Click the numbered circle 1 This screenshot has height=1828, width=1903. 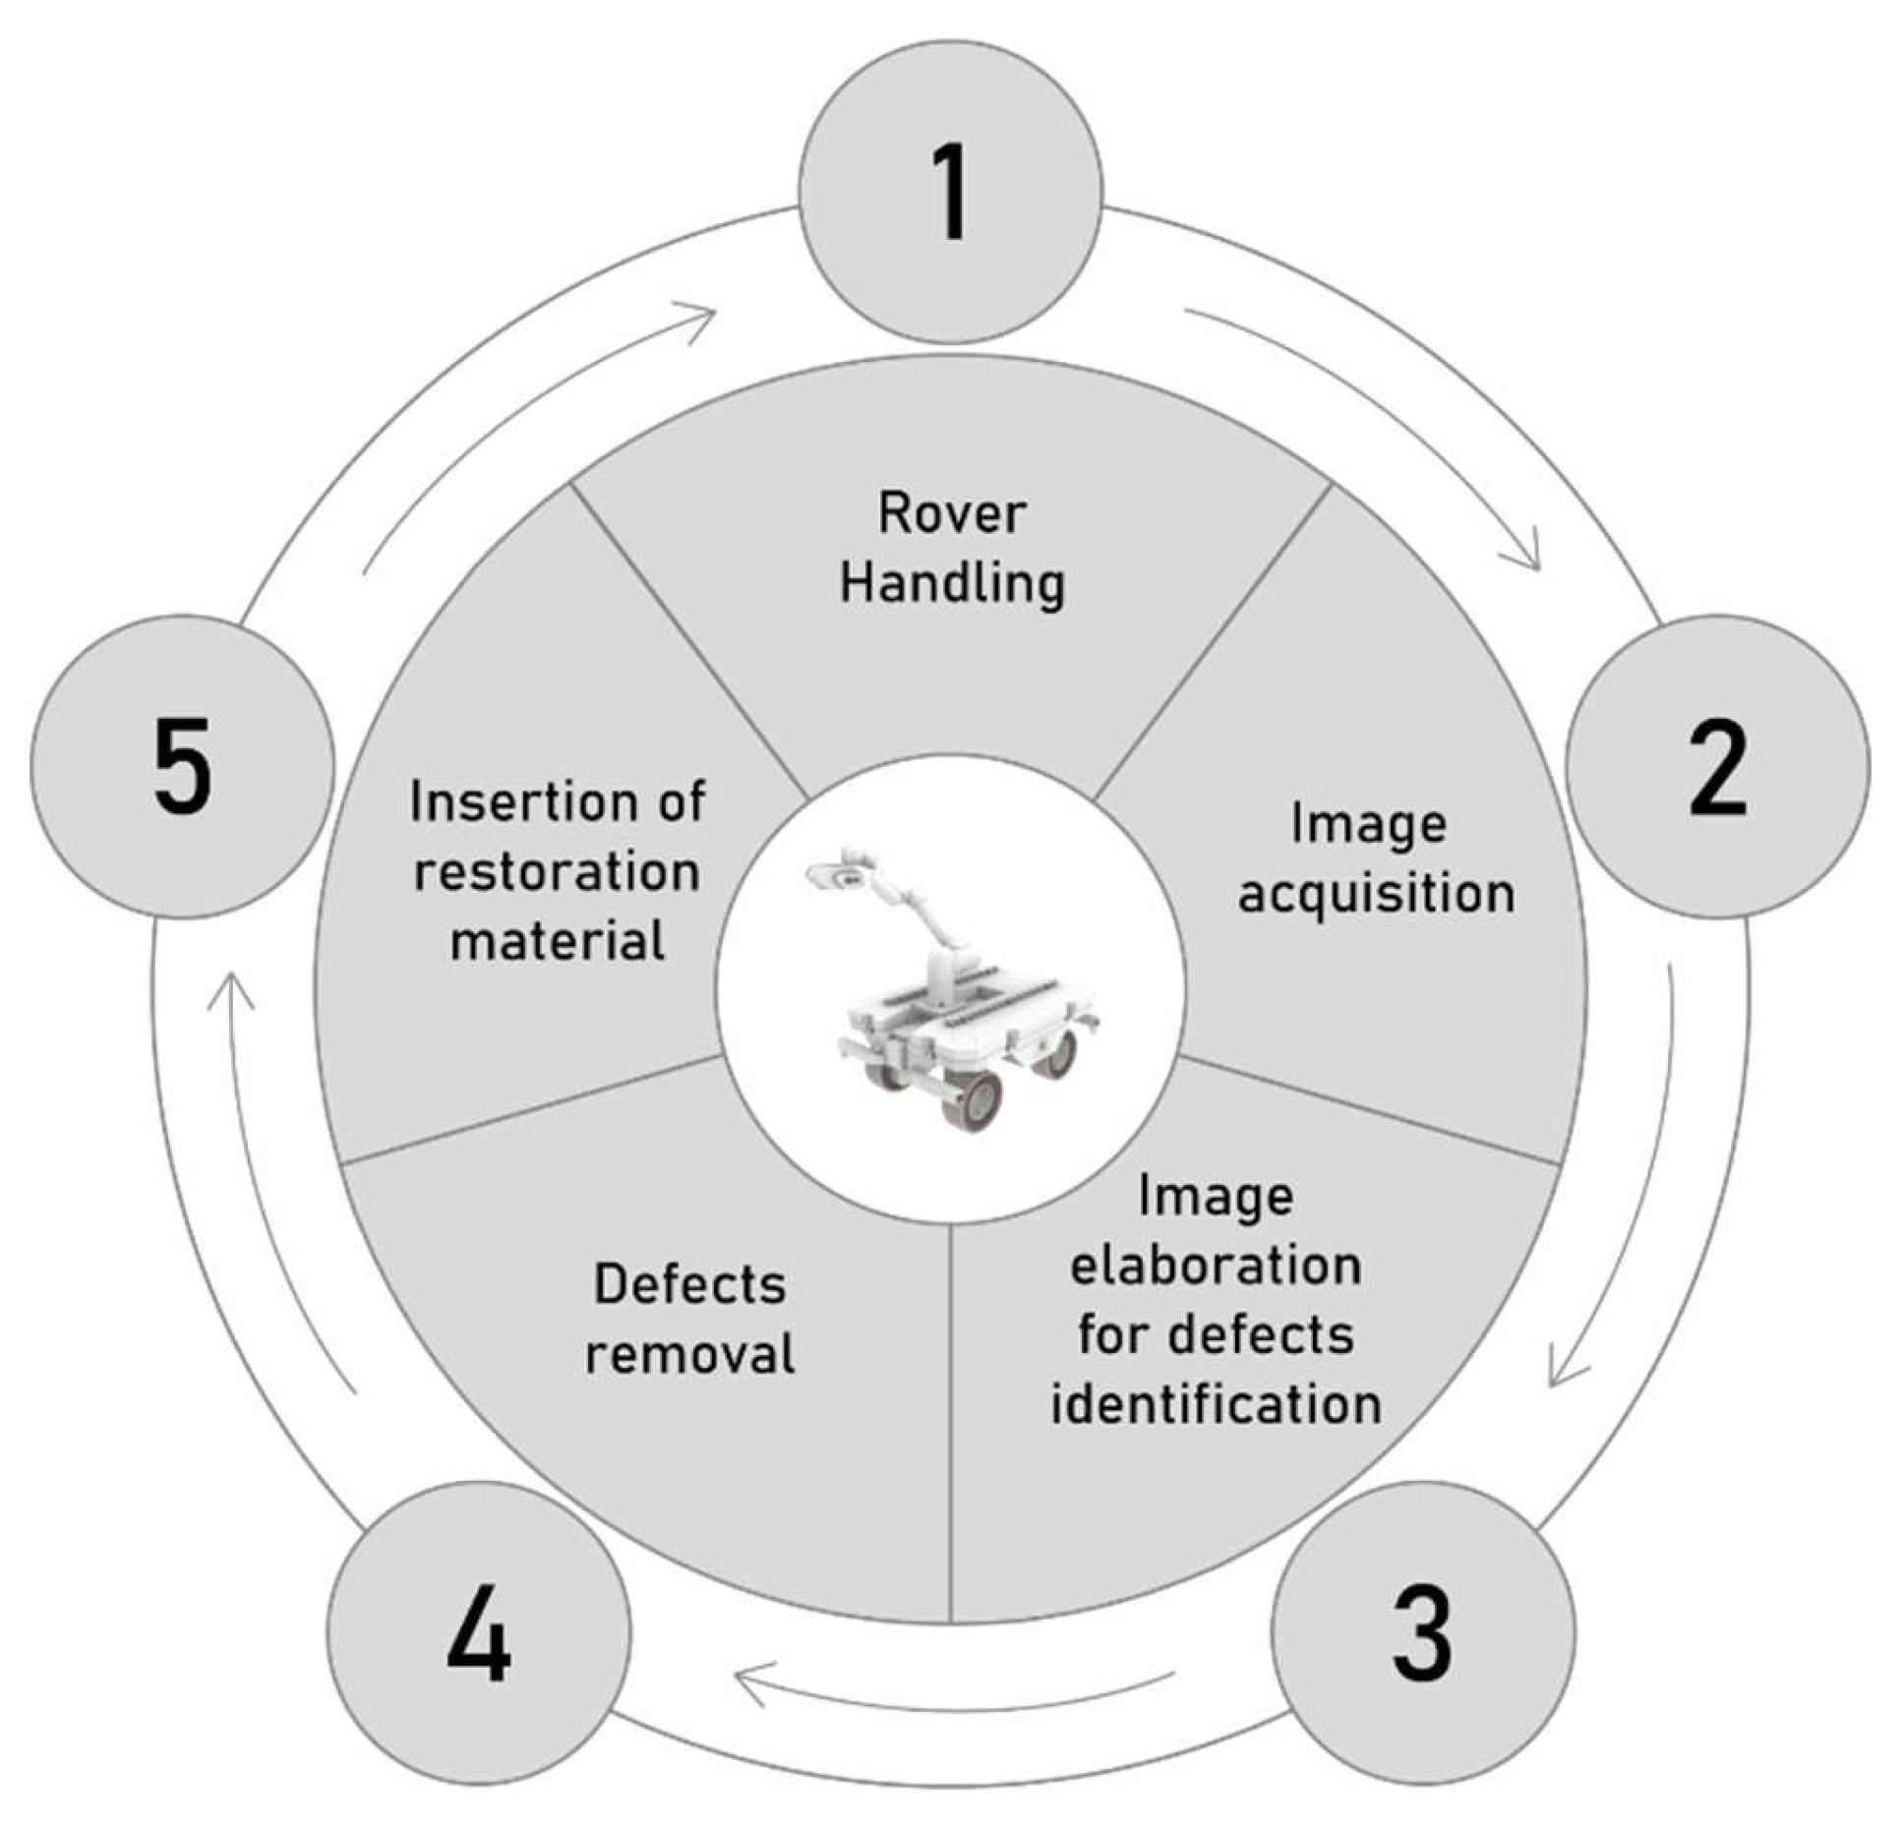coord(950,192)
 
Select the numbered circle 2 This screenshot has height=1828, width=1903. coord(1717,767)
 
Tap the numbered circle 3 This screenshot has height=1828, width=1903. coord(1422,1633)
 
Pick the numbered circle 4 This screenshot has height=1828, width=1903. coord(478,1633)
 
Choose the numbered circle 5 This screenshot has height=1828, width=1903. coord(183,767)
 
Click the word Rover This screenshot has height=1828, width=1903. coord(951,514)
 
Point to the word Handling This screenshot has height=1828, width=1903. coord(951,583)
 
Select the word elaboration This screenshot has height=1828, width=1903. coord(1216,1266)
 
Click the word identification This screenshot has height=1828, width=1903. coord(1216,1403)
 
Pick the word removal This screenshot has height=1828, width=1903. coord(689,1354)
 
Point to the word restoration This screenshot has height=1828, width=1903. coord(557,872)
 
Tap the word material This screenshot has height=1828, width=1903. coord(557,941)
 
